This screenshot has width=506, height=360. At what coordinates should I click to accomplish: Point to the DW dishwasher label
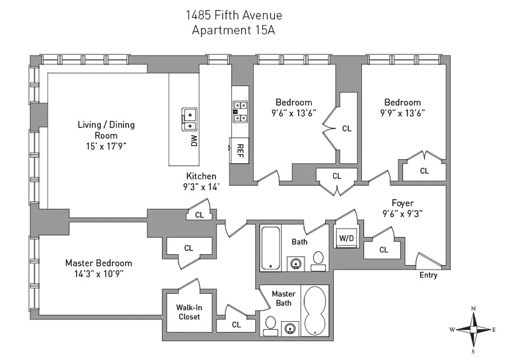[194, 140]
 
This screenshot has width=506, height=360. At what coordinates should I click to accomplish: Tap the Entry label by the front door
[429, 275]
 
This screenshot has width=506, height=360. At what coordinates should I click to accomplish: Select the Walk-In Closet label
[188, 312]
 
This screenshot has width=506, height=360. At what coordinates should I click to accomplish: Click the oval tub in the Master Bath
[315, 311]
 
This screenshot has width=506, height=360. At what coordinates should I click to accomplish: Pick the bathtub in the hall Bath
[270, 249]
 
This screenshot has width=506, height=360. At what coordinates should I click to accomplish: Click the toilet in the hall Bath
[318, 260]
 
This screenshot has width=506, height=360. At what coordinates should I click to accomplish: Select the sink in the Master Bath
[290, 328]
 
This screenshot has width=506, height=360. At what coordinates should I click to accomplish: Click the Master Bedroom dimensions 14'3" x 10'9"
[98, 273]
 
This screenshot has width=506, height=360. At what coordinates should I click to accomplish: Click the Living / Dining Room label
[106, 129]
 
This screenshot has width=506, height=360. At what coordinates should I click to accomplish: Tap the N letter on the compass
[473, 309]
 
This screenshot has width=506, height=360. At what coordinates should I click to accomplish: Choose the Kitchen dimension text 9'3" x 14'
[201, 187]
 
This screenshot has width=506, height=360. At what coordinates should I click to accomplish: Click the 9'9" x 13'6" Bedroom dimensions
[402, 113]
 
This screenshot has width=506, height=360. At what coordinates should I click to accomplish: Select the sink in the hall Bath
[296, 262]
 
